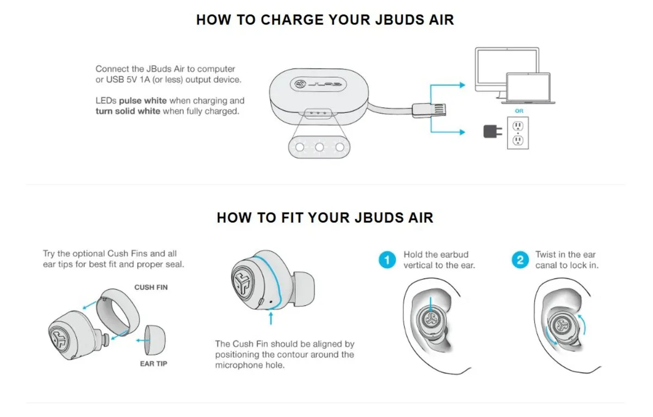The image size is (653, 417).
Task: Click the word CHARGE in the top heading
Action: (291, 20)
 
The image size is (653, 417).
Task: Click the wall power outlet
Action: (518, 133)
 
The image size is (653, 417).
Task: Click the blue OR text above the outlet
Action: (519, 112)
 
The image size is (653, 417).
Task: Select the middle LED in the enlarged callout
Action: (319, 147)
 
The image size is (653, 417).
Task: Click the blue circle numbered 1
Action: (387, 260)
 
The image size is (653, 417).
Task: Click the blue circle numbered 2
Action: (520, 260)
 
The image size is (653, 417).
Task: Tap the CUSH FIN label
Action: (151, 287)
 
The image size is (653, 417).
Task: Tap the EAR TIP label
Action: (153, 364)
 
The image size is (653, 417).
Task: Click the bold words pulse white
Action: (143, 101)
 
